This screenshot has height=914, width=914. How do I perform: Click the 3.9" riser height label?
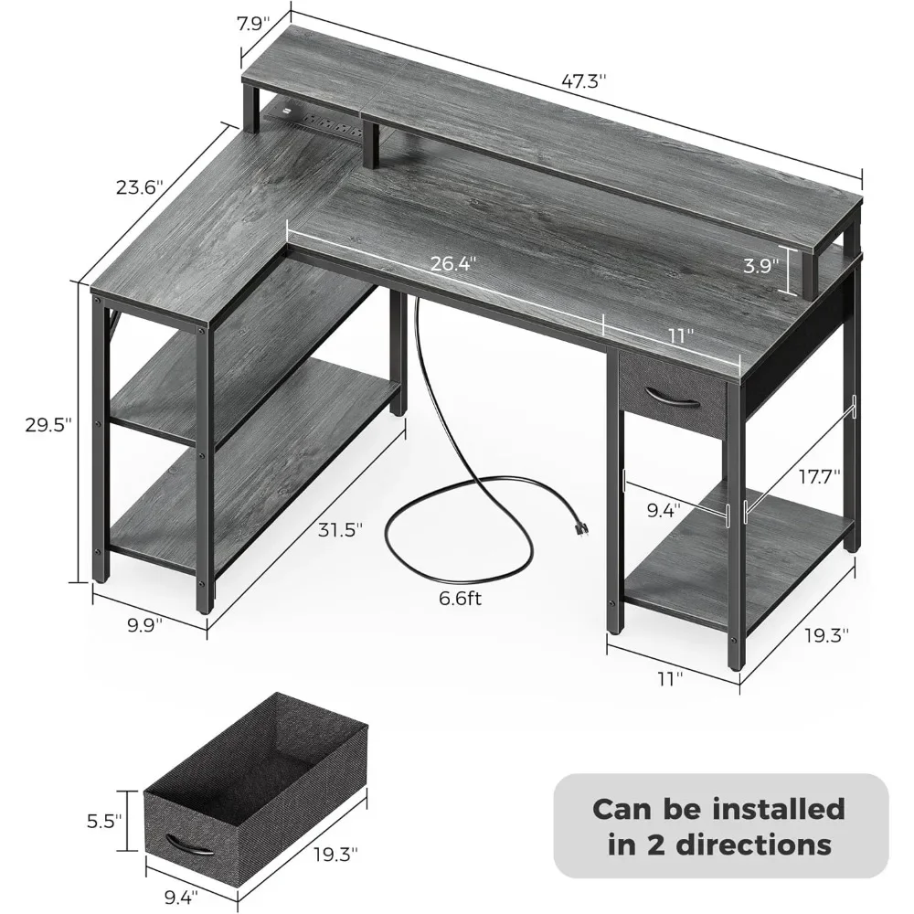[760, 267]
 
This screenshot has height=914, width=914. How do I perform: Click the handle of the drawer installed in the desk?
[671, 395]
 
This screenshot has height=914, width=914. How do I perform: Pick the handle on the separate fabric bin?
[188, 844]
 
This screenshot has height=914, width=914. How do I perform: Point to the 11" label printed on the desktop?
[675, 335]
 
